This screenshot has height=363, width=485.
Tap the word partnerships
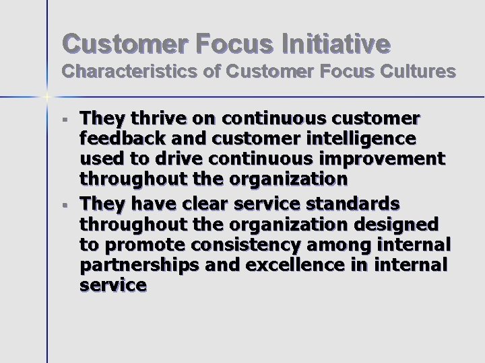tap(139, 265)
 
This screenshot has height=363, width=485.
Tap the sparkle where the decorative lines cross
tap(47, 97)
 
